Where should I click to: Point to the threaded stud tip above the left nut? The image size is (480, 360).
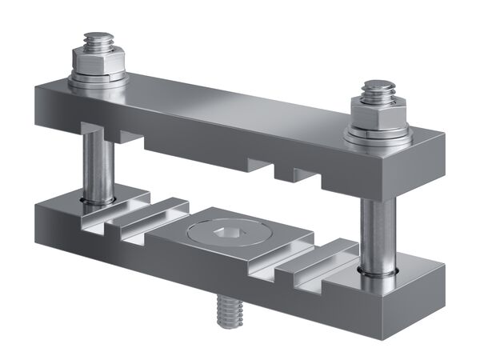click(x=100, y=39)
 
